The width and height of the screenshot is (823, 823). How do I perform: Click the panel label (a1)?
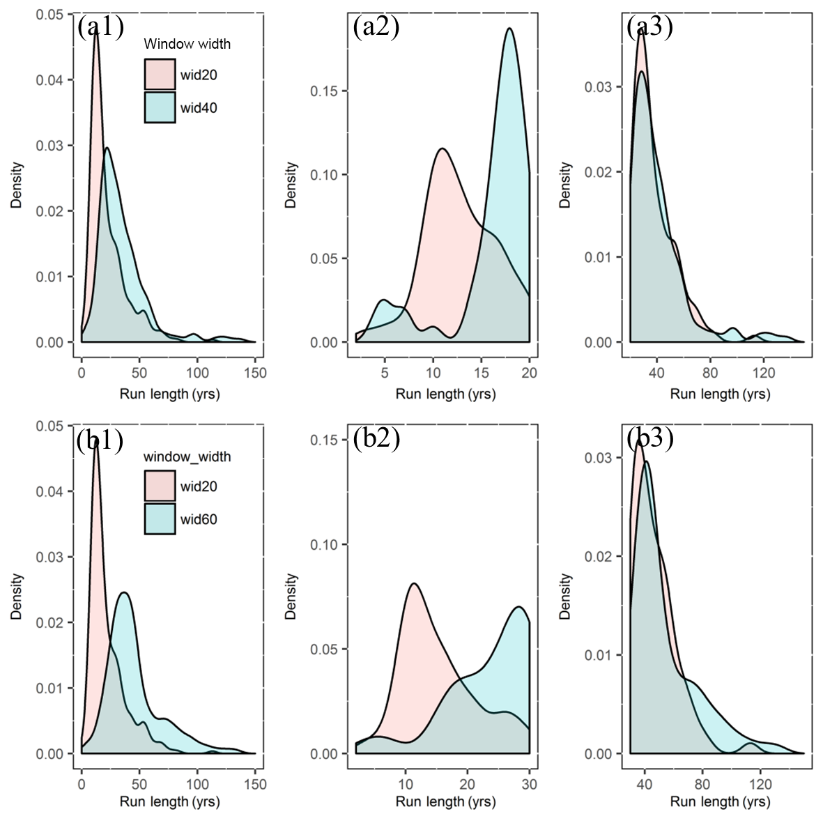100,27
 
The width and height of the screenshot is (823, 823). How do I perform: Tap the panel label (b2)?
376,439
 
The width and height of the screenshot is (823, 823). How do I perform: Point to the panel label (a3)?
649,27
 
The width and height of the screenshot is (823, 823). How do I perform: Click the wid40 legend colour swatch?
160,107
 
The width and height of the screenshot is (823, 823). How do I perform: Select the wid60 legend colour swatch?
160,518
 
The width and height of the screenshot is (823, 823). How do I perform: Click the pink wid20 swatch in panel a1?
160,75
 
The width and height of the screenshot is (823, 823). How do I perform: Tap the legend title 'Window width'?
187,44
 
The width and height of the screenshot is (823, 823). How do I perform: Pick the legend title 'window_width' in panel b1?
187,457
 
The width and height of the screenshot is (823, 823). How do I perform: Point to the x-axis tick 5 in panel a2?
384,373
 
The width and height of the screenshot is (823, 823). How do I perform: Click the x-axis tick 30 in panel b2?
530,784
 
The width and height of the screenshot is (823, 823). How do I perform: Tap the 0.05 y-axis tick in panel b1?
49,426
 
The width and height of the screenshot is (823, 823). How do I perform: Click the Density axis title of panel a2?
291,185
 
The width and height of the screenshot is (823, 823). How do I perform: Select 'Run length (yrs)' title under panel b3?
720,802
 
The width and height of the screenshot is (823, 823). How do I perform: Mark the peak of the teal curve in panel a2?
509,29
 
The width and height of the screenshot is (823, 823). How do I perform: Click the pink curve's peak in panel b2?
414,583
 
